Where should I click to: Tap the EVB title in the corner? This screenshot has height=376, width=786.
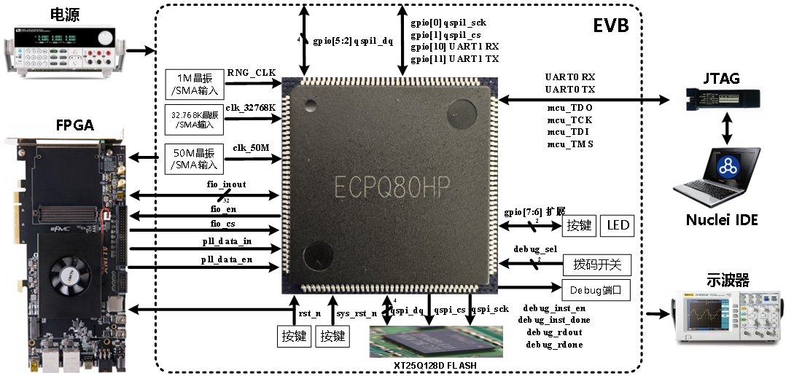pos(611,26)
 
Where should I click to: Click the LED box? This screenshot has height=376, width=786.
pos(617,225)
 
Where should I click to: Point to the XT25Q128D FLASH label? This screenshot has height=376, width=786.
pos(435,364)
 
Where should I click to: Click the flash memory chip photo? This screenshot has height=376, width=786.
pos(435,340)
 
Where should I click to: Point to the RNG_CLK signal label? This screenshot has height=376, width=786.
pos(252,73)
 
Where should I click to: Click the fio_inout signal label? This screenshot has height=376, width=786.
pos(227,184)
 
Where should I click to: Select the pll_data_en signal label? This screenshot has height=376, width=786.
pos(227,259)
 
